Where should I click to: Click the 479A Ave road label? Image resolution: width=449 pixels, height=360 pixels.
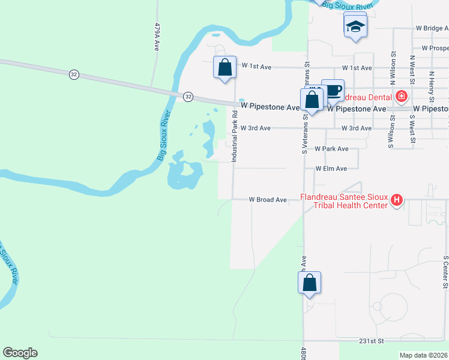click(x=157, y=37)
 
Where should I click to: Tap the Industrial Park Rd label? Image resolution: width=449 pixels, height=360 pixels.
click(x=235, y=139)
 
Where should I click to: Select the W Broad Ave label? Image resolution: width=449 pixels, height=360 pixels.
click(x=268, y=199)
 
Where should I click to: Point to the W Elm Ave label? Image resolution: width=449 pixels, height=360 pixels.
click(x=331, y=169)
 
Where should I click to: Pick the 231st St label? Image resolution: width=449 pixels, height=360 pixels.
click(x=372, y=341)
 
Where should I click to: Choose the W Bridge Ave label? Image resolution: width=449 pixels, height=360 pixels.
click(x=432, y=28)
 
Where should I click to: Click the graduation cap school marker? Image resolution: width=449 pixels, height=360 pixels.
click(x=355, y=27)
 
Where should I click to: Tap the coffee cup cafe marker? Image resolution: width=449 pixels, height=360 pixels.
click(x=333, y=91)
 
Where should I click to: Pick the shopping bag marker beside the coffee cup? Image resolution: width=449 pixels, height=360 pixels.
click(x=312, y=99)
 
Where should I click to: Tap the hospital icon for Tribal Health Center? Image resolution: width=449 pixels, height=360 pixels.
click(x=396, y=200)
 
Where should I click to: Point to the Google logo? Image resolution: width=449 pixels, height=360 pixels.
click(x=20, y=353)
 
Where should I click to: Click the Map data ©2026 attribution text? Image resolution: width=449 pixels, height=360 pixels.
click(x=424, y=355)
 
